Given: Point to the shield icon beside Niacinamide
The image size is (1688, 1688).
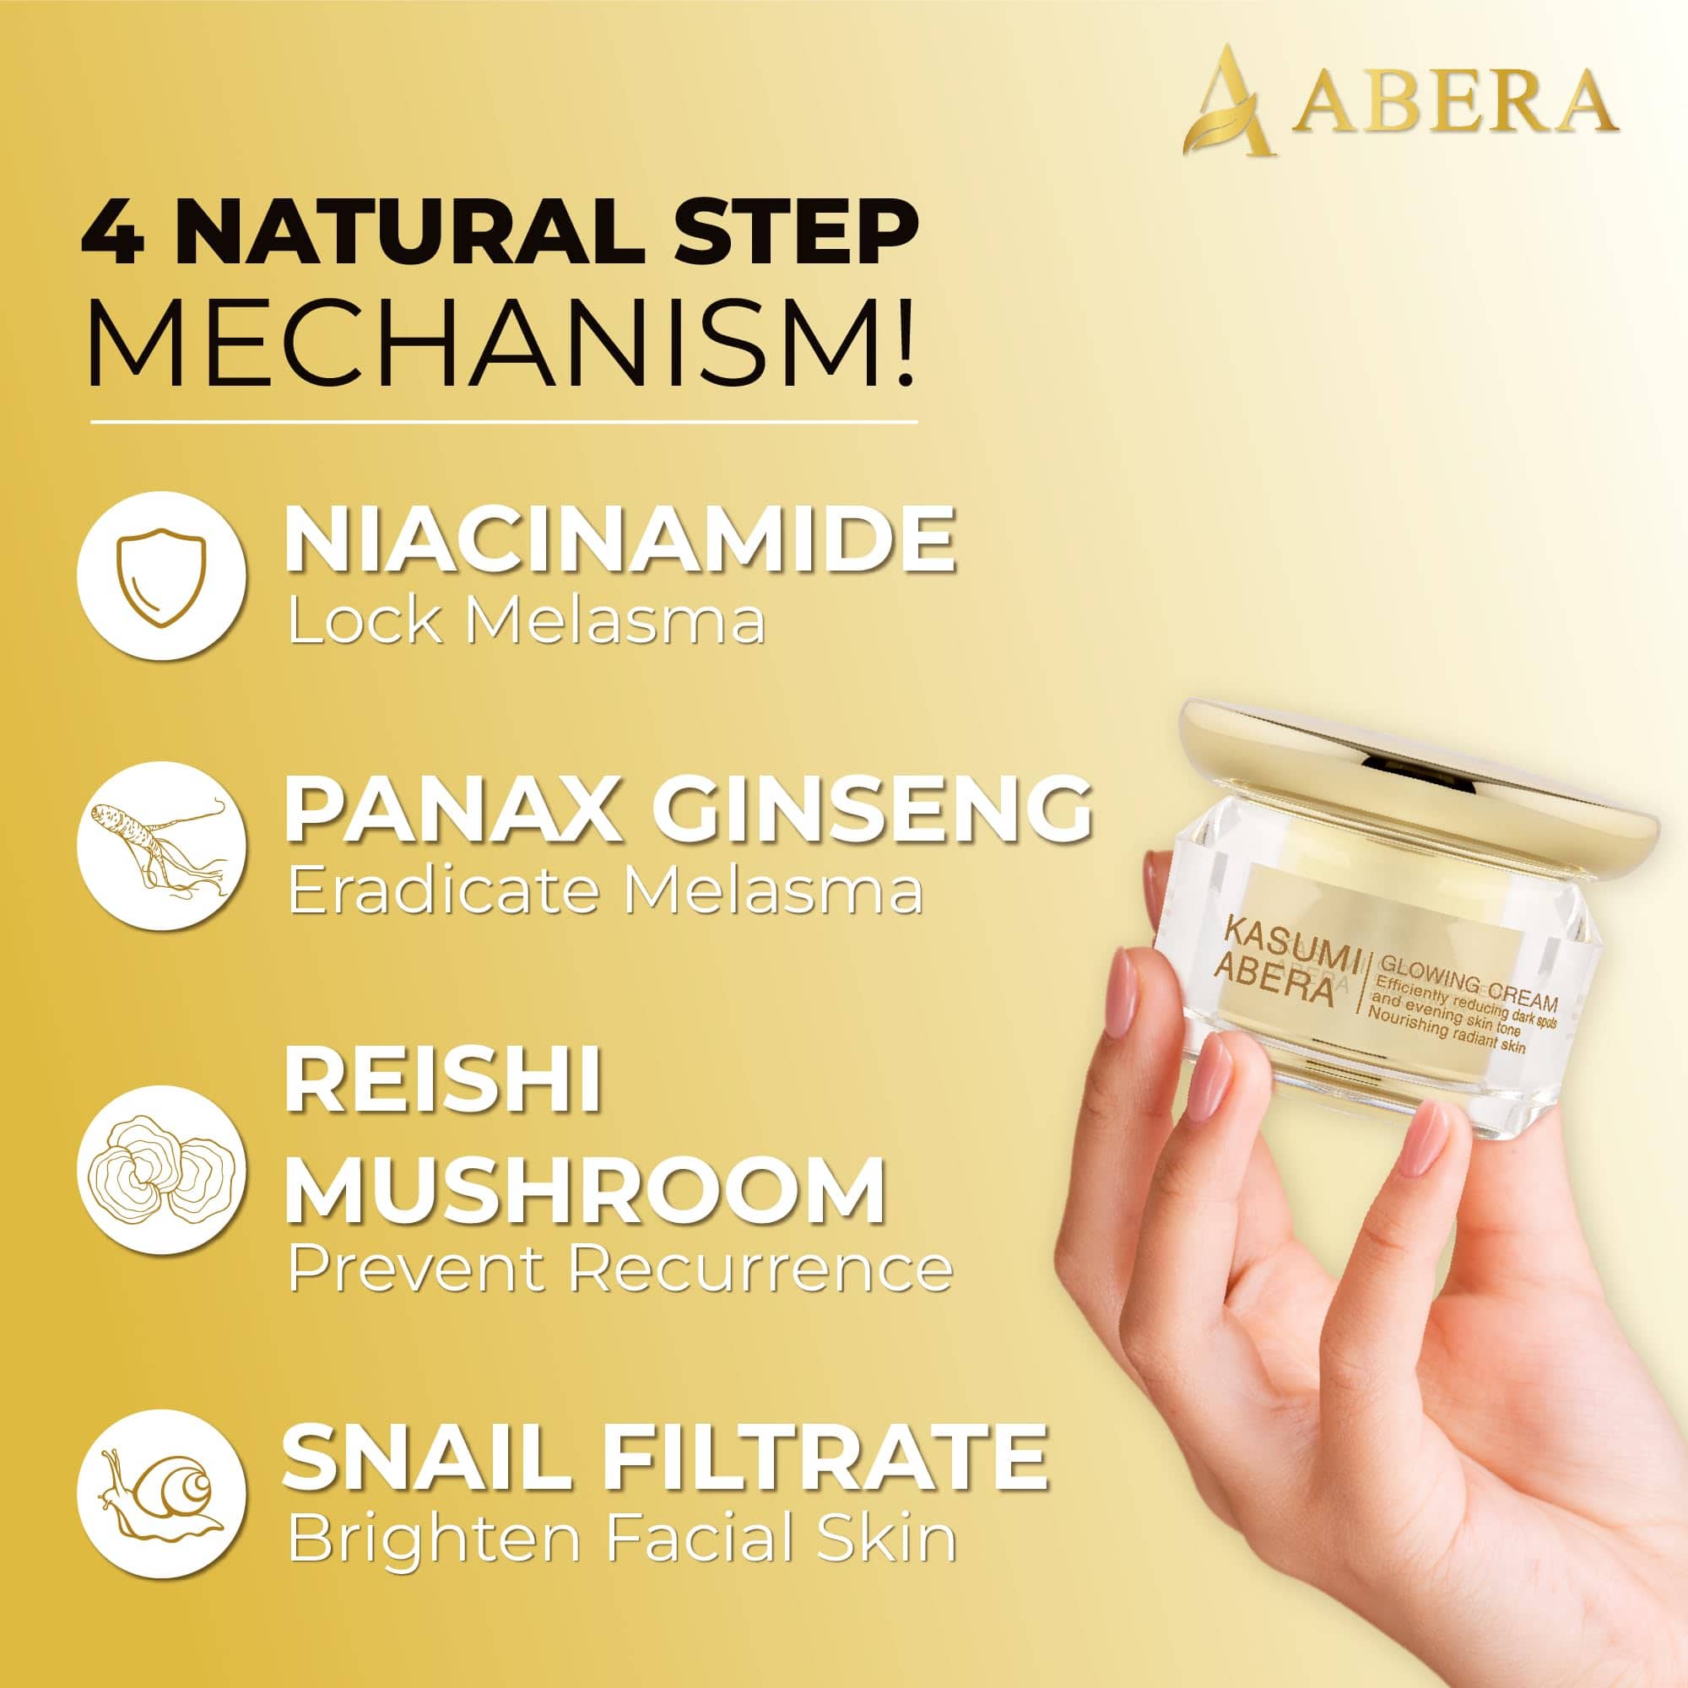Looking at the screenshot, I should click(x=162, y=576).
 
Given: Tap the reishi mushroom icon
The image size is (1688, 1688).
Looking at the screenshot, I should click(x=162, y=1170).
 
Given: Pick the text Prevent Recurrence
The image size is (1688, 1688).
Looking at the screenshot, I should click(x=619, y=1269).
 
